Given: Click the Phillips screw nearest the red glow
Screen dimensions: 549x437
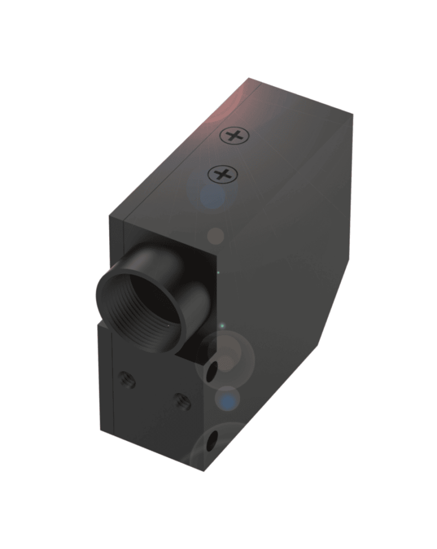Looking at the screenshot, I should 234,135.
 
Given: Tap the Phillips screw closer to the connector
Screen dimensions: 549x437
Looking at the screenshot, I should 222,174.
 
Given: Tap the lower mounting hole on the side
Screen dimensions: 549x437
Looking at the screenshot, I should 213,437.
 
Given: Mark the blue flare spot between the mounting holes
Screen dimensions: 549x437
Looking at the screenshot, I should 227,399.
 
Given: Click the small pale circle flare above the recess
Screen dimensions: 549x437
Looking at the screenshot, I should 217,236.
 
